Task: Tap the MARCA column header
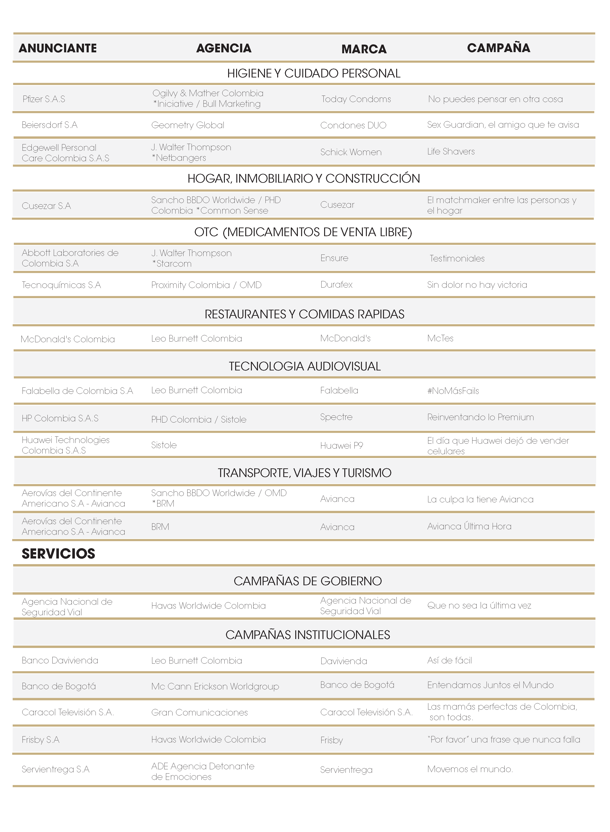coord(364,49)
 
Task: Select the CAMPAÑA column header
coord(499,48)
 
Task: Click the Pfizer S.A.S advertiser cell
coord(44,99)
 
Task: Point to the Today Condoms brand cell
coord(356,99)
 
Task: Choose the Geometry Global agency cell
coord(188,125)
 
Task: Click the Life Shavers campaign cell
coord(451,151)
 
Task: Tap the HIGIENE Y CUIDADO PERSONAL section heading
coord(314,73)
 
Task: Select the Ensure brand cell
coord(334,258)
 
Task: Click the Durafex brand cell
coord(336,285)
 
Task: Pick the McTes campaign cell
coord(440,338)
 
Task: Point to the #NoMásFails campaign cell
coord(453,391)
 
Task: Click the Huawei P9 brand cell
coord(341,445)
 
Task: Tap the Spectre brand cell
coord(336,417)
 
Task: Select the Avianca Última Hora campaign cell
coord(469,526)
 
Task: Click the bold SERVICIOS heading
coord(58,554)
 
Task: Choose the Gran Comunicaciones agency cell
coord(199,712)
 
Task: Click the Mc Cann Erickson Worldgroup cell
coord(215,686)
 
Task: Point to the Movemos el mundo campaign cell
coord(470,769)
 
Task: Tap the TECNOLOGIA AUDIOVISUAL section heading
coord(305,366)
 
